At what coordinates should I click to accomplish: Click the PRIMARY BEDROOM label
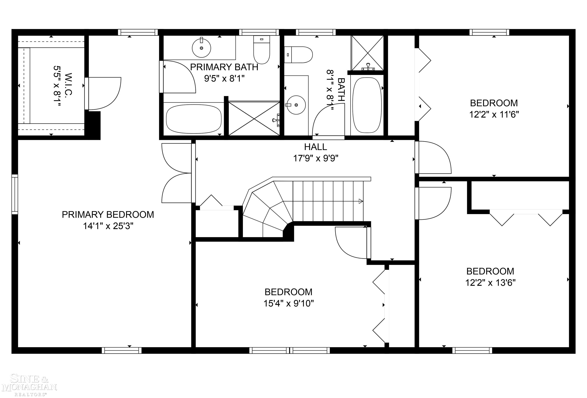[x=108, y=215]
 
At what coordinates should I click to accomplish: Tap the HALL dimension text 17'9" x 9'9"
[x=315, y=158]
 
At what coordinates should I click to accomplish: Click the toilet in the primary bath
[x=262, y=50]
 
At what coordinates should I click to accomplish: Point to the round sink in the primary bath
[x=201, y=48]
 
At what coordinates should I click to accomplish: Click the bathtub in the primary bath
[x=194, y=119]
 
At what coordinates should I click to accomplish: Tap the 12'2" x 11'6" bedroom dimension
[x=494, y=115]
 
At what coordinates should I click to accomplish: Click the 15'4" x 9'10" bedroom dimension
[x=289, y=303]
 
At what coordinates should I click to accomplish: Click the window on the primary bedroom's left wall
[x=15, y=194]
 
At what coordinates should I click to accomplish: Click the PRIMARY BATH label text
[x=224, y=67]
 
